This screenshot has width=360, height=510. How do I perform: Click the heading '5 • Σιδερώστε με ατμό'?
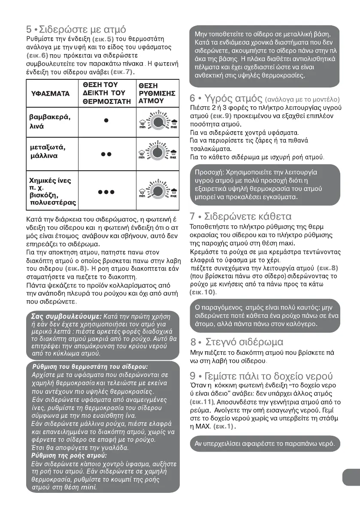click(x=76, y=30)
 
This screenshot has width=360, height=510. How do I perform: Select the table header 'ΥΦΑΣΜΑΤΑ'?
click(x=51, y=93)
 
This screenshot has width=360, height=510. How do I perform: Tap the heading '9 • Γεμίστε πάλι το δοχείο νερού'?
click(x=261, y=376)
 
